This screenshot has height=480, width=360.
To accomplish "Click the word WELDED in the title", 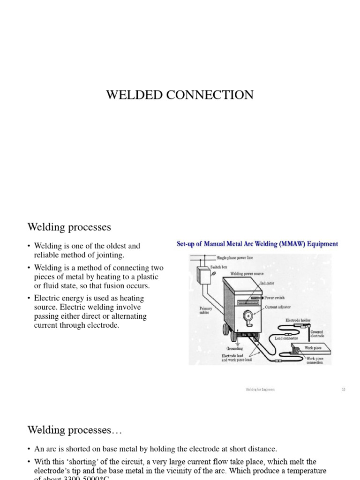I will tap(133, 95).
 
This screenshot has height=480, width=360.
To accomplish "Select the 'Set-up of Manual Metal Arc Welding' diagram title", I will tap(257, 244).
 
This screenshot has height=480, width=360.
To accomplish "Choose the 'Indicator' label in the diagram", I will tap(267, 284).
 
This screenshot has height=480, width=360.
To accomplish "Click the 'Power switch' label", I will tap(274, 298).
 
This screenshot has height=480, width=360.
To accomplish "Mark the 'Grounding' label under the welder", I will tap(234, 349).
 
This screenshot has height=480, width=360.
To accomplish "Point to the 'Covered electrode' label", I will tap(317, 334).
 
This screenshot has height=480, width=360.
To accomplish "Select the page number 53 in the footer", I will tap(344, 390).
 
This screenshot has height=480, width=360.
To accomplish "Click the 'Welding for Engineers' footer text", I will tap(260, 390).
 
